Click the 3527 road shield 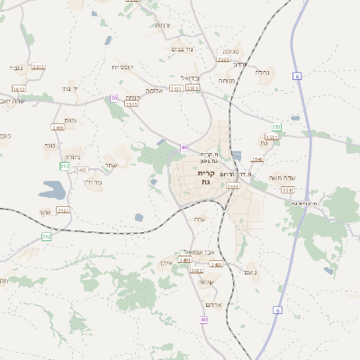[x=62, y=210]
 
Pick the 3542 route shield [x=81, y=168]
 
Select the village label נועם [x=250, y=272]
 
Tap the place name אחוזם [x=213, y=303]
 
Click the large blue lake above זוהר [x=52, y=189]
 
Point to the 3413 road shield [x=40, y=89]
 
